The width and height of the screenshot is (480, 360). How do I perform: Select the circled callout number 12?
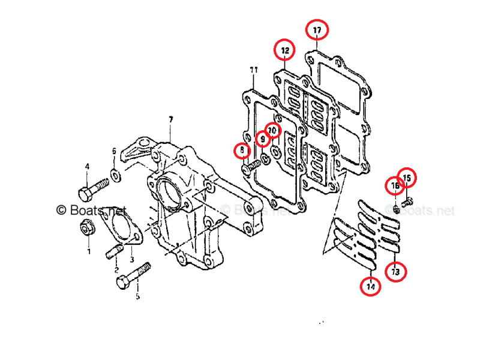tap(284, 50)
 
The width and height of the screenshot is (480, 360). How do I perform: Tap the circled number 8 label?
tap(242, 149)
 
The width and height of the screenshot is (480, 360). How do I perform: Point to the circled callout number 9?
tap(262, 139)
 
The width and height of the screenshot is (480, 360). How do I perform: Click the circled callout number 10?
tap(272, 130)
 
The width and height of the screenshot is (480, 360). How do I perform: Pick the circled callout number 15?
tap(406, 178)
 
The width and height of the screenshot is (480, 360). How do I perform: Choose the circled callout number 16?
tap(395, 187)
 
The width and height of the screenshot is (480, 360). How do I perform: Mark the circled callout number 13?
tap(395, 272)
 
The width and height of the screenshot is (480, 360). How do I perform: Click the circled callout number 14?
tap(370, 287)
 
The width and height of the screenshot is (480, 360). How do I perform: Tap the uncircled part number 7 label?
tap(170, 120)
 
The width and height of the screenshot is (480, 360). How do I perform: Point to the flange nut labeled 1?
tap(87, 227)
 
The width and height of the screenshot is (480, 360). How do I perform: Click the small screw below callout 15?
tap(407, 202)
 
